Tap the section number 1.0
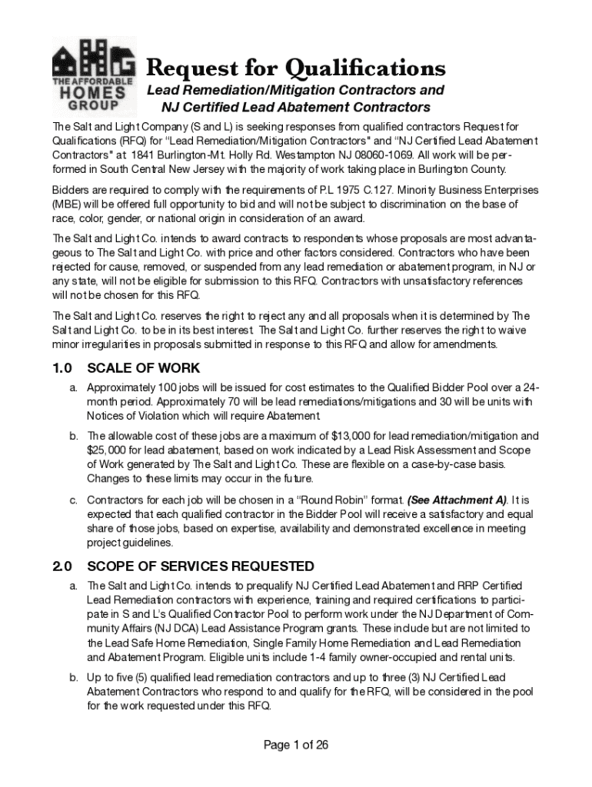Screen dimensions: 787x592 [62, 368]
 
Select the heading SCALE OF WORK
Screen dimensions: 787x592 [144, 368]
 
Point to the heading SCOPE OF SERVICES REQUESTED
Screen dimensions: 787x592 [190, 566]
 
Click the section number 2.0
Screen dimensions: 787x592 [62, 566]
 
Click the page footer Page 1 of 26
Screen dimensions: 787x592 [296, 745]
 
